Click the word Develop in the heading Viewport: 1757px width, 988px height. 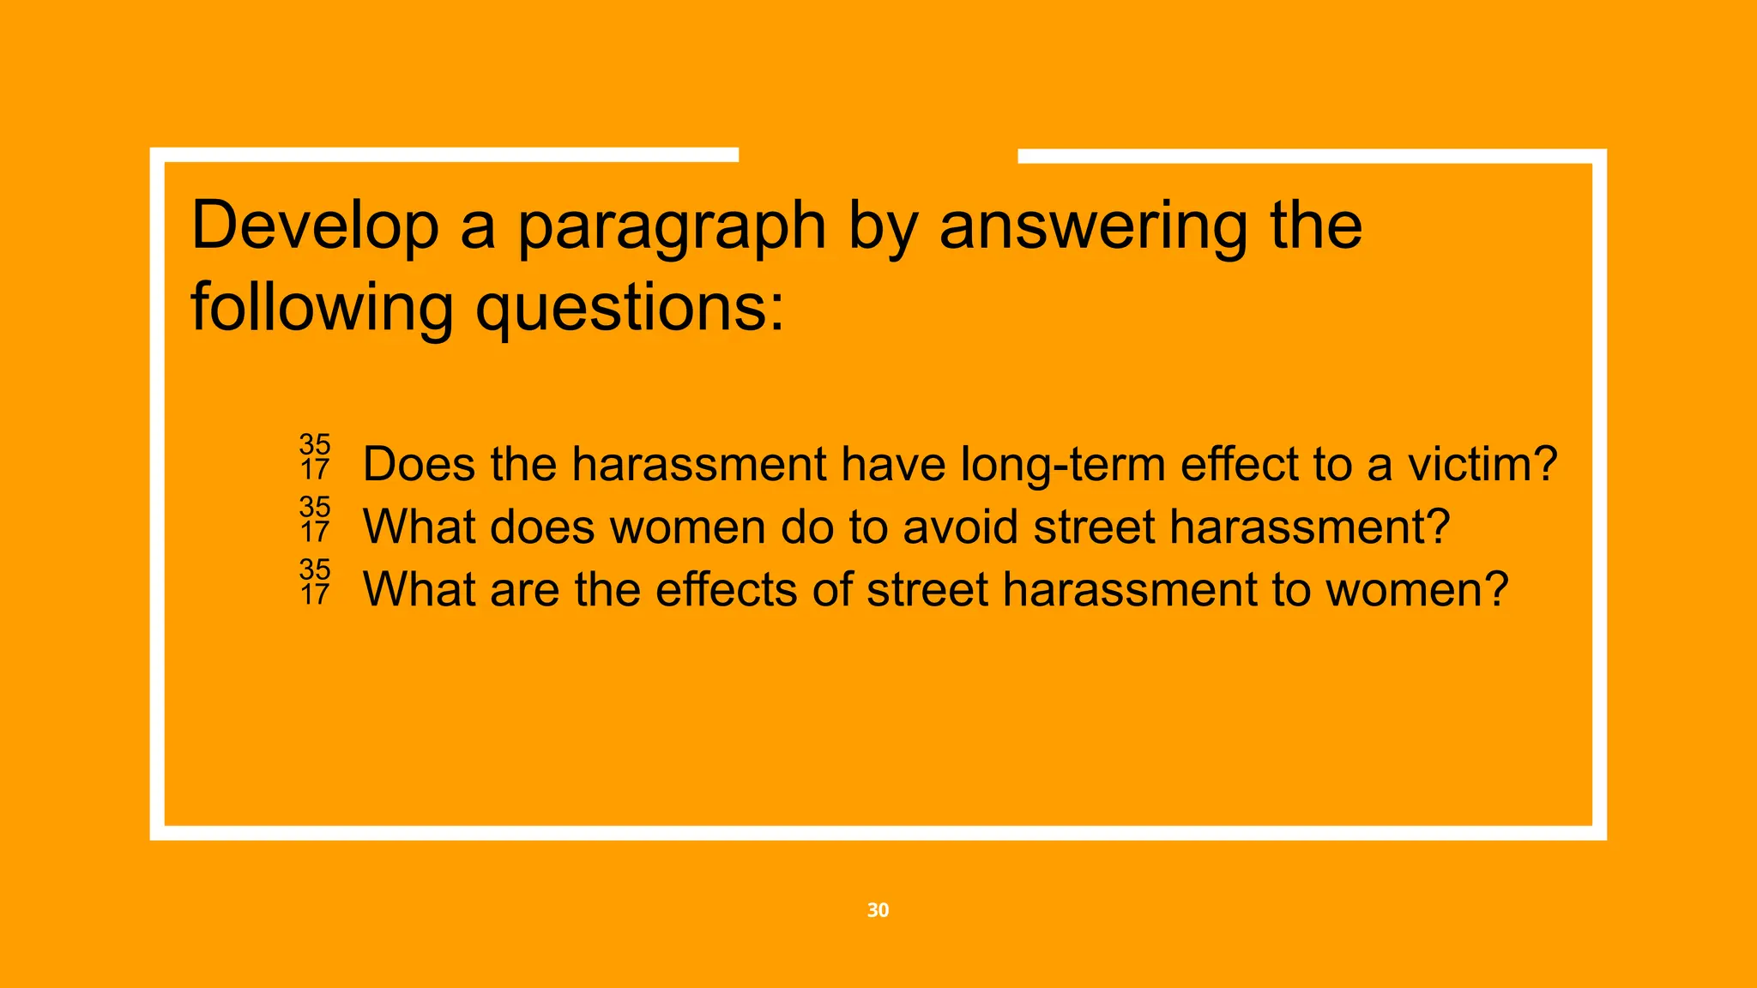[314, 226]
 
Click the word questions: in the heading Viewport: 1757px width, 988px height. [630, 309]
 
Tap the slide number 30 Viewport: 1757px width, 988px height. [878, 910]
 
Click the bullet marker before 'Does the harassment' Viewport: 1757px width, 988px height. [315, 457]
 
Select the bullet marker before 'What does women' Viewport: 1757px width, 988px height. [315, 520]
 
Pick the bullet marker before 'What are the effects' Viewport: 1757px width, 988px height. [315, 581]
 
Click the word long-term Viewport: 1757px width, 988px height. [1063, 464]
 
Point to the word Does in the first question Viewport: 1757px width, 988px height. [419, 464]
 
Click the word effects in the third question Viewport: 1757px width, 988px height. [726, 589]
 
